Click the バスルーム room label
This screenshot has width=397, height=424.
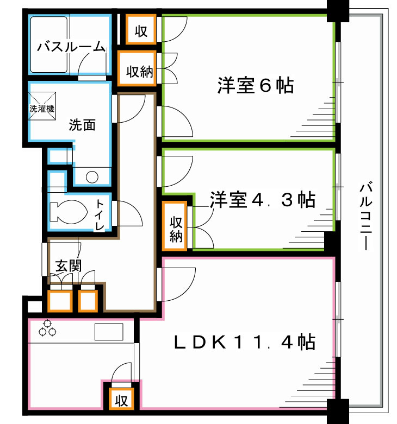(x=71, y=47)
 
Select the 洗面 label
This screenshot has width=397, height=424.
(x=82, y=125)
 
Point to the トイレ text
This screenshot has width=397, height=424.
(x=100, y=215)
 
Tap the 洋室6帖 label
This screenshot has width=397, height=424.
(x=256, y=86)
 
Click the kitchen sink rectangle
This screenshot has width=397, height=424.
(x=109, y=331)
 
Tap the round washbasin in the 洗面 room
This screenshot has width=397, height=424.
(x=92, y=176)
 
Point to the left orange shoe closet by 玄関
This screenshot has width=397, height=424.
(x=59, y=300)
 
